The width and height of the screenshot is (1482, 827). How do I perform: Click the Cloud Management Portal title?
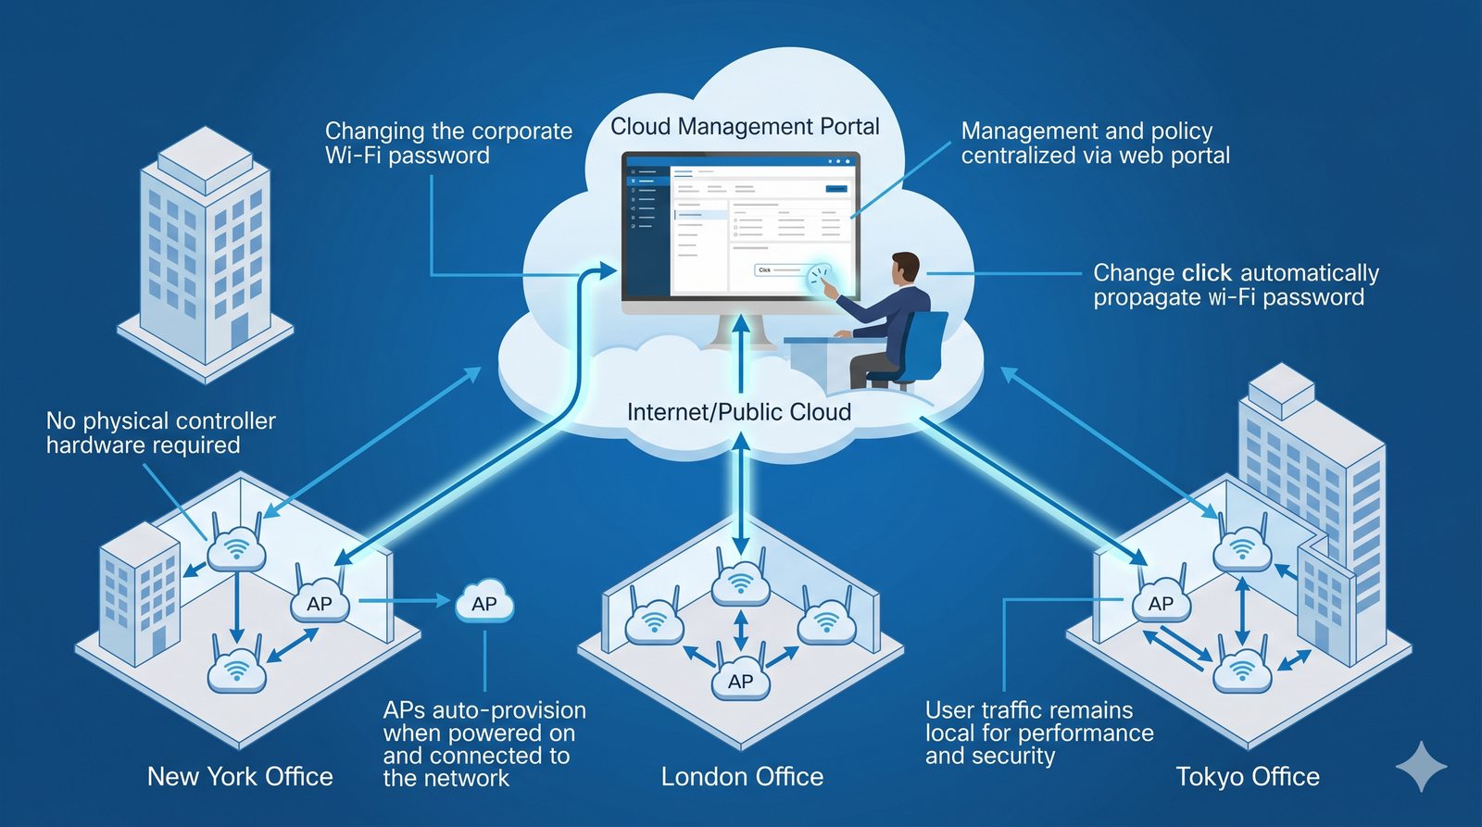[x=745, y=127]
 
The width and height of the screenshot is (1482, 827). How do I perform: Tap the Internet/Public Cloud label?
[x=738, y=412]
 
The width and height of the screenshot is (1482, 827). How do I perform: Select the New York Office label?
[x=240, y=776]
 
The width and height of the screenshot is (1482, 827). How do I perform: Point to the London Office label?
[x=742, y=776]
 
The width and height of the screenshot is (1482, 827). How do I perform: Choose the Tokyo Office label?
[x=1248, y=776]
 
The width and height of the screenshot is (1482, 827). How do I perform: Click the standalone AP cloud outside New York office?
[x=484, y=604]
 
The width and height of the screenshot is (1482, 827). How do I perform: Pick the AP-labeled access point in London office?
[x=740, y=681]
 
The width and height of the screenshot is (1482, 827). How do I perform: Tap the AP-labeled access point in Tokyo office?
[x=1161, y=603]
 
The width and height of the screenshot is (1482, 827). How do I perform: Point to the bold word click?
[x=1207, y=273]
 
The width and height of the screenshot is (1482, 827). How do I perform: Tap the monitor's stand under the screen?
[x=740, y=329]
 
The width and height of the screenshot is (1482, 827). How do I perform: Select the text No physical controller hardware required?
[x=160, y=432]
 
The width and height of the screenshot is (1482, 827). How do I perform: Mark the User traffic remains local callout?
[x=1038, y=733]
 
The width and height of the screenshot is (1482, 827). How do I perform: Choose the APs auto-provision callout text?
[x=484, y=744]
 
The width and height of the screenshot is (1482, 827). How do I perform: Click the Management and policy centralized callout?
[x=1095, y=144]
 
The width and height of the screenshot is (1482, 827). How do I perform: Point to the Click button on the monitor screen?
[x=765, y=270]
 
